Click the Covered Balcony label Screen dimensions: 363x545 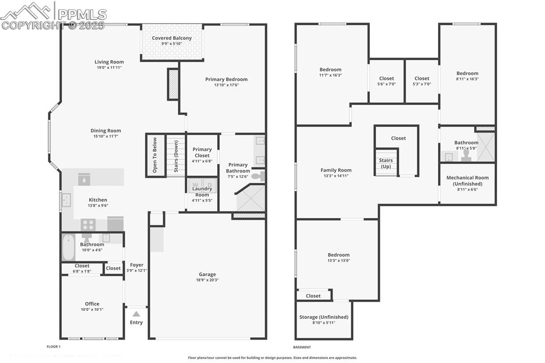(x=171, y=38)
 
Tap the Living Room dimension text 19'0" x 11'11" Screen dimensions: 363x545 (x=109, y=68)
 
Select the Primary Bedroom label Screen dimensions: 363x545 (x=226, y=79)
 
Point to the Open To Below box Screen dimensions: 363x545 (x=155, y=155)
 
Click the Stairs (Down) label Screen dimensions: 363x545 (x=176, y=155)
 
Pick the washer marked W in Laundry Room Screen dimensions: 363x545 (x=195, y=185)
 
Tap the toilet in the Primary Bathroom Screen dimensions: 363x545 (x=258, y=176)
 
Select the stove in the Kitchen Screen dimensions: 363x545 (x=88, y=225)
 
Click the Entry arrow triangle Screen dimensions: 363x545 (x=136, y=314)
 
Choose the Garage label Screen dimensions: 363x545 (x=207, y=275)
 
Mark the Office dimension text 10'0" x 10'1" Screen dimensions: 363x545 (x=92, y=310)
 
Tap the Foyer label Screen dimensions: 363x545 (x=136, y=265)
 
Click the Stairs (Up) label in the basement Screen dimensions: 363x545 (x=386, y=163)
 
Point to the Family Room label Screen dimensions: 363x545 (x=336, y=170)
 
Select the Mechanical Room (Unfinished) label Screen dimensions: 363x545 (x=467, y=180)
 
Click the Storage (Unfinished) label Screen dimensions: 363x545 (x=324, y=317)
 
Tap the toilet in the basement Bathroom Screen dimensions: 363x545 (x=467, y=155)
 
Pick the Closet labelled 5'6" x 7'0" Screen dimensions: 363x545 (x=386, y=79)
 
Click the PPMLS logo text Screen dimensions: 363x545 (x=82, y=14)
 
